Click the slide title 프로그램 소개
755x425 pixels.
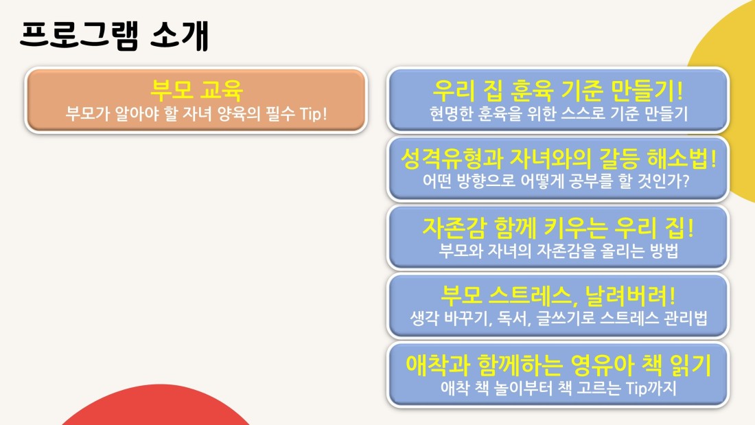[x=114, y=36]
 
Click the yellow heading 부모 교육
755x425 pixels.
[x=196, y=90]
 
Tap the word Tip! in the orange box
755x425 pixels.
[x=313, y=114]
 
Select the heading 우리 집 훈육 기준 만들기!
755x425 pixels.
[x=557, y=90]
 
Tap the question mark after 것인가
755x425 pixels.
[x=685, y=181]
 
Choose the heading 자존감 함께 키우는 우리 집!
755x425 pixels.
[x=558, y=227]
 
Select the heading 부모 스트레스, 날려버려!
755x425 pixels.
[x=558, y=295]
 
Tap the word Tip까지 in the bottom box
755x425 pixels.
[x=651, y=388]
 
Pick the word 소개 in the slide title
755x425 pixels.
[x=179, y=36]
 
